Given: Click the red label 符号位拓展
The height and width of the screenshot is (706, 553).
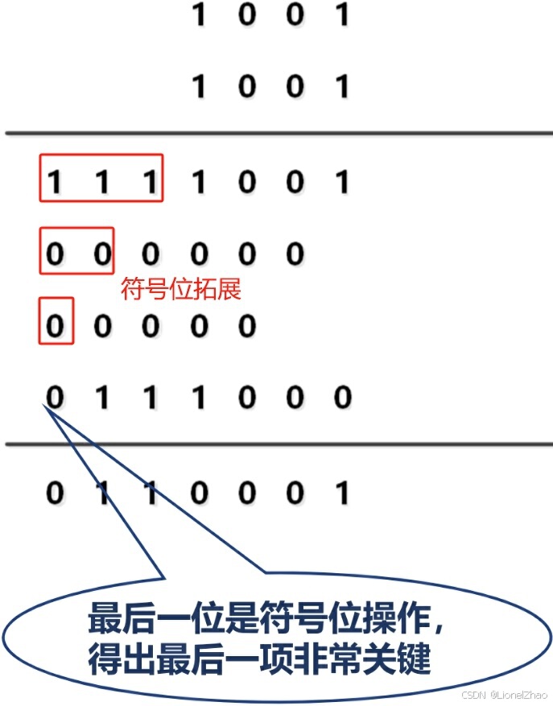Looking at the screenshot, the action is pyautogui.click(x=181, y=289).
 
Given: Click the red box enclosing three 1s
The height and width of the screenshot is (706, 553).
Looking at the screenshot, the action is pyautogui.click(x=101, y=178).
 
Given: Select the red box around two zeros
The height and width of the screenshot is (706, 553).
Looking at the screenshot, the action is pyautogui.click(x=77, y=250).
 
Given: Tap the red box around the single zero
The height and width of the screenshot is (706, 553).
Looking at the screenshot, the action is pyautogui.click(x=56, y=321).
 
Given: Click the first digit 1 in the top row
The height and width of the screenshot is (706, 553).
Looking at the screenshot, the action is pyautogui.click(x=199, y=14).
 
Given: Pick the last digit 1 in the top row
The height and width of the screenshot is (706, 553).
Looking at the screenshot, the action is pyautogui.click(x=342, y=14).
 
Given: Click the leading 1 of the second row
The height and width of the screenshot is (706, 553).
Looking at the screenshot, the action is pyautogui.click(x=199, y=85).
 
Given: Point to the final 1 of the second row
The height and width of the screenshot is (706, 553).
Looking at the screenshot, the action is pyautogui.click(x=342, y=85).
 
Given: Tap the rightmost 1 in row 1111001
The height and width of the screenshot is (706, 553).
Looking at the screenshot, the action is pyautogui.click(x=342, y=182).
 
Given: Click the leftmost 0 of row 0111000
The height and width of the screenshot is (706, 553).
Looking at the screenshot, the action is pyautogui.click(x=54, y=397).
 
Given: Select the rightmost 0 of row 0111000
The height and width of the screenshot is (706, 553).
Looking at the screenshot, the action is pyautogui.click(x=342, y=397).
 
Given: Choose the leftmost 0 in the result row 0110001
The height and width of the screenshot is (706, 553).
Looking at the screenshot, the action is pyautogui.click(x=54, y=492).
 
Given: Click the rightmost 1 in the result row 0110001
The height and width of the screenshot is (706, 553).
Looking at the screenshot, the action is pyautogui.click(x=342, y=492).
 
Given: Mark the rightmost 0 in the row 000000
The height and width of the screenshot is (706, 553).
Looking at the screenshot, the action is pyautogui.click(x=295, y=254).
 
